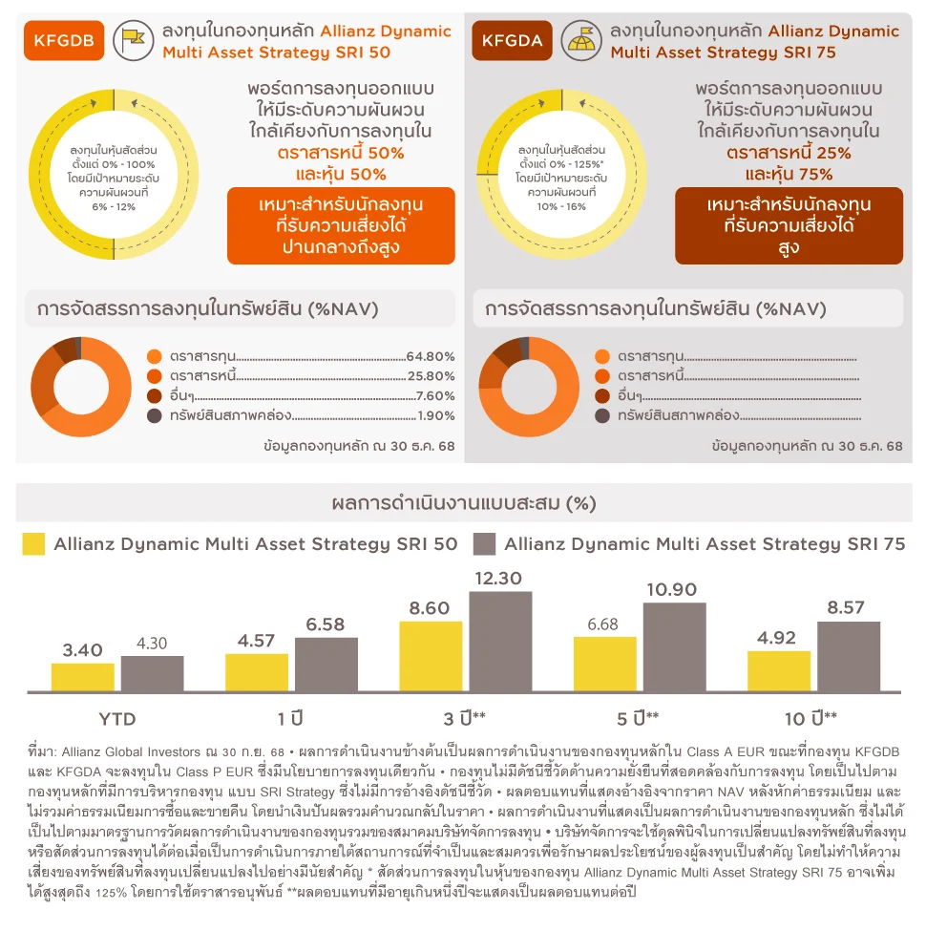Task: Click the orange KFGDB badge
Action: (x=64, y=40)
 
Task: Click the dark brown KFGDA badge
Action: (x=512, y=40)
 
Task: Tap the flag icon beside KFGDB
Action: (x=134, y=40)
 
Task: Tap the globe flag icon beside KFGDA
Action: (x=581, y=40)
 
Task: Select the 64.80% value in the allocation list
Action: (x=431, y=356)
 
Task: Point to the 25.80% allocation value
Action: (x=431, y=376)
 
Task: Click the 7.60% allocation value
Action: (x=435, y=395)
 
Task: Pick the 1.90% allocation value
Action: (x=435, y=415)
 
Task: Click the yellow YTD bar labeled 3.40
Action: (x=82, y=677)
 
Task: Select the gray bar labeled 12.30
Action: (x=500, y=642)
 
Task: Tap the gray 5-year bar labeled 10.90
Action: (x=674, y=647)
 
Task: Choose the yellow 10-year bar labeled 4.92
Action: (x=779, y=671)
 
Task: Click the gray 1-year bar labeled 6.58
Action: (x=326, y=665)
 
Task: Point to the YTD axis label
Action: (x=117, y=719)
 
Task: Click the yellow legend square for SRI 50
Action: (x=33, y=544)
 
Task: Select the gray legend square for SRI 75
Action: (x=484, y=544)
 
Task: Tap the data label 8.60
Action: (x=430, y=608)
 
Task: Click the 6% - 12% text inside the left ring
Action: (x=114, y=206)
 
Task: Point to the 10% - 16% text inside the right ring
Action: (x=561, y=206)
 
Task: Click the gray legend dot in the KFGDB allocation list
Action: (x=155, y=415)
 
